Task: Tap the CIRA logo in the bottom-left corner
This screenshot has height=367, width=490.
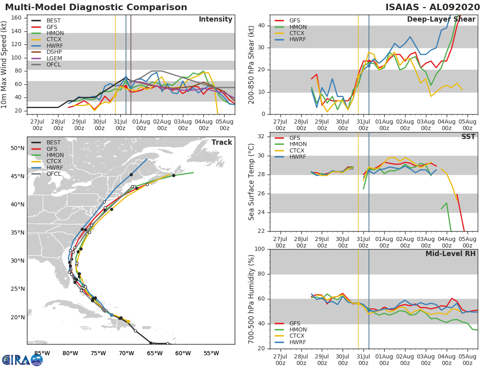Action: pos(22,360)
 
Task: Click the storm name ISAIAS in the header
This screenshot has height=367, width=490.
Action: pos(402,7)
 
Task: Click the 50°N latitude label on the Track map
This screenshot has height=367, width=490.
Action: pos(18,148)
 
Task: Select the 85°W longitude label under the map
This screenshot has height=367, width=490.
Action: pos(42,353)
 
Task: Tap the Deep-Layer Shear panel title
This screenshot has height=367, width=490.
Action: pos(441,20)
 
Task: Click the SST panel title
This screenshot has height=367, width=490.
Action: pos(468,137)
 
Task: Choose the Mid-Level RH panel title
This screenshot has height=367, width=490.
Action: pos(450,254)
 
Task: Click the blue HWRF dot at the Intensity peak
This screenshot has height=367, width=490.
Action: pos(126,78)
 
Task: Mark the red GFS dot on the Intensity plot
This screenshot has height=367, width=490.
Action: pos(126,87)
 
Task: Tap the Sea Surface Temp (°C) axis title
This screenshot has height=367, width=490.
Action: pos(251,182)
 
